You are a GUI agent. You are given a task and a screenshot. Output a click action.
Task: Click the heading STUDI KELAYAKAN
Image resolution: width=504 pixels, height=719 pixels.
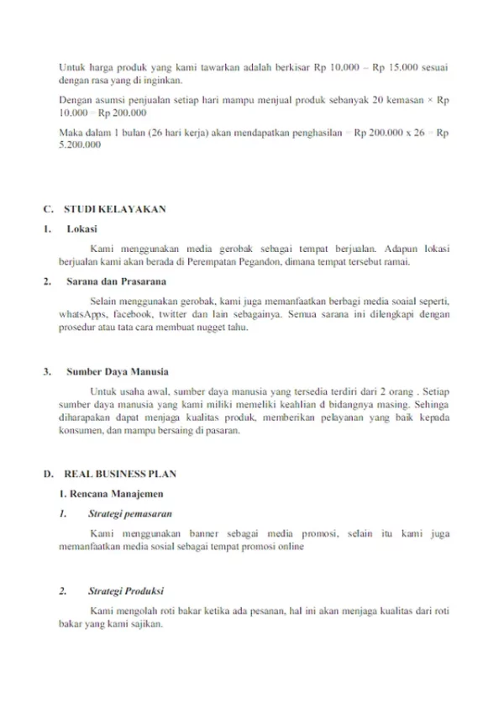click(115, 207)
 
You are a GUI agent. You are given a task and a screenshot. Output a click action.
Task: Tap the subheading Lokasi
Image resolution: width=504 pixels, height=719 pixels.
click(81, 228)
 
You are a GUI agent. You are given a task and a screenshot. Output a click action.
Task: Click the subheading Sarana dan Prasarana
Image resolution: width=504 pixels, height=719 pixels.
click(115, 281)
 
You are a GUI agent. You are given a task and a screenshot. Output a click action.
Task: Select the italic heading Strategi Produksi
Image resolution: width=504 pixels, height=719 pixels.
click(126, 590)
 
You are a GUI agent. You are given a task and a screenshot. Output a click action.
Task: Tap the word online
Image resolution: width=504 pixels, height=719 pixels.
click(291, 546)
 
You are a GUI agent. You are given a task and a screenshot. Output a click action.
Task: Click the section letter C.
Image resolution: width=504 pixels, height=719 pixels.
click(47, 207)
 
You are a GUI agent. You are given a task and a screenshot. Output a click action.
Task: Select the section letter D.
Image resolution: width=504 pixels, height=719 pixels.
click(48, 474)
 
